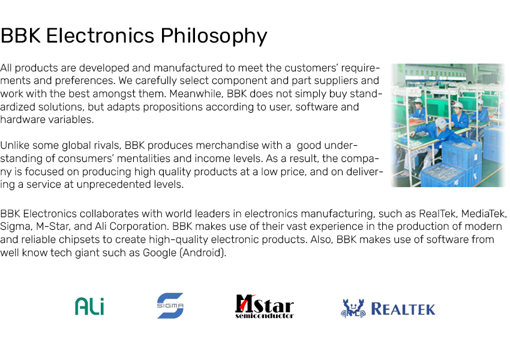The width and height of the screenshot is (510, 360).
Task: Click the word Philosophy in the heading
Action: (214, 36)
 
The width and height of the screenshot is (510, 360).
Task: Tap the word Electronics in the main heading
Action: (100, 35)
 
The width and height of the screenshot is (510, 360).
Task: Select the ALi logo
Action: (89, 307)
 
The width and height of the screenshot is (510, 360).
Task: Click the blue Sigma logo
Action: (170, 305)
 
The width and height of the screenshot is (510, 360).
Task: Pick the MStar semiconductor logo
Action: (265, 307)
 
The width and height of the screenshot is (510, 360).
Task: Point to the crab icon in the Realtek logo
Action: (353, 308)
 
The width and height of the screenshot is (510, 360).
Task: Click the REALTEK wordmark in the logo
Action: (403, 309)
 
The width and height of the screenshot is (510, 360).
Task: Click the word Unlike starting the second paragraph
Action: (14, 145)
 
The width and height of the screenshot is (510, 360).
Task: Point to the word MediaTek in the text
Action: (484, 214)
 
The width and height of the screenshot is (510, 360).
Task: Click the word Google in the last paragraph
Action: (160, 253)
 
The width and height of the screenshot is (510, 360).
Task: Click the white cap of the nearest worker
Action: (442, 123)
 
